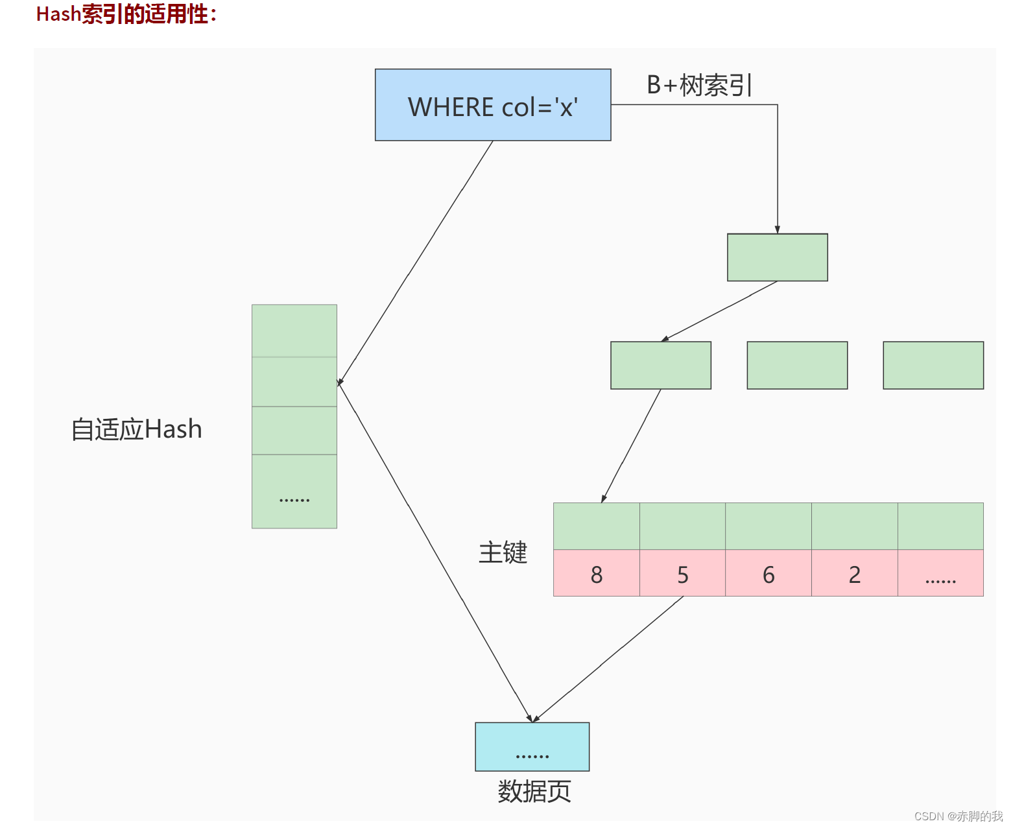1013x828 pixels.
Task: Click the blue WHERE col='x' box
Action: [493, 105]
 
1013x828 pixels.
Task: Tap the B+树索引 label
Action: [699, 85]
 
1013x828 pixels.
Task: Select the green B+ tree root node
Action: [777, 257]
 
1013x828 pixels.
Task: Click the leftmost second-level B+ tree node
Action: [660, 365]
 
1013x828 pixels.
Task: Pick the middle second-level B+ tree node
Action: [797, 365]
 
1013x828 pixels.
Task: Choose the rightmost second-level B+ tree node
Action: [933, 365]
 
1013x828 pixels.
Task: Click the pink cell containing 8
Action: [596, 573]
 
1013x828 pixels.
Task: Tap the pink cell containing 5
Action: [682, 573]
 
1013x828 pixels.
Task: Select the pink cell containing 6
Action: [769, 573]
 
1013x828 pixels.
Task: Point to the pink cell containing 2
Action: [854, 573]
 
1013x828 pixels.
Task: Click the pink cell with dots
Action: [940, 573]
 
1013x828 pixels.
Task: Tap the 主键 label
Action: [503, 552]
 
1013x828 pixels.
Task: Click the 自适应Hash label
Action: [137, 429]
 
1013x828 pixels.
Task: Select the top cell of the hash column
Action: [294, 331]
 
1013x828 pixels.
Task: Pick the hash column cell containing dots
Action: [294, 491]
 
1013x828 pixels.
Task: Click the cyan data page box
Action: [532, 746]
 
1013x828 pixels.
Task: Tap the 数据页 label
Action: [534, 791]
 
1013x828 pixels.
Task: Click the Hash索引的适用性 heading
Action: [126, 14]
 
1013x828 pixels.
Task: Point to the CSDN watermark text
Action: [958, 816]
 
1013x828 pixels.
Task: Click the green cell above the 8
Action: [596, 526]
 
